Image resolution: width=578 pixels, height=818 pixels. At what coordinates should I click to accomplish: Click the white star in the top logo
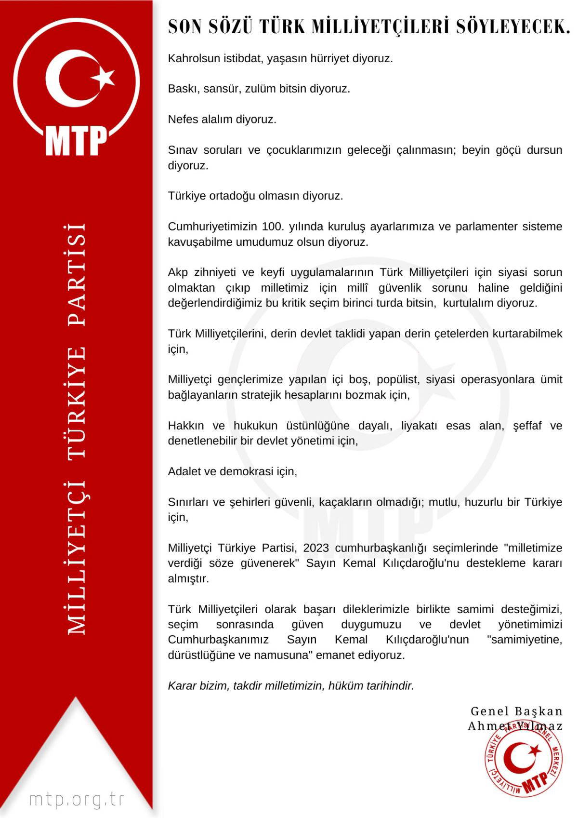point(103,76)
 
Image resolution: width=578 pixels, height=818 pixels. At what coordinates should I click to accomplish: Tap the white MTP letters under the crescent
point(76,140)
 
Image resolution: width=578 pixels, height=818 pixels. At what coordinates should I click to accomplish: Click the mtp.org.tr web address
point(77,799)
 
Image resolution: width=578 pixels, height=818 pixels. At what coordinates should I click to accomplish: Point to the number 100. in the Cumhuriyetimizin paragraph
point(273,227)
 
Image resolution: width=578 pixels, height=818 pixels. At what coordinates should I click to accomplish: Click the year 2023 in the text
point(316,548)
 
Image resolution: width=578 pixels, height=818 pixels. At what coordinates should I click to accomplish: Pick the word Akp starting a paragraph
point(178,272)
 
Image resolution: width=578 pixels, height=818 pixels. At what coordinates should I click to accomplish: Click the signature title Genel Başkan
point(516,711)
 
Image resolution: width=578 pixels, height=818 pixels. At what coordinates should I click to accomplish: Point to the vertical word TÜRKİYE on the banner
point(77,402)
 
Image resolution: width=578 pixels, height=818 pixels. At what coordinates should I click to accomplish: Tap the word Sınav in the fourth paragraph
point(182,150)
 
